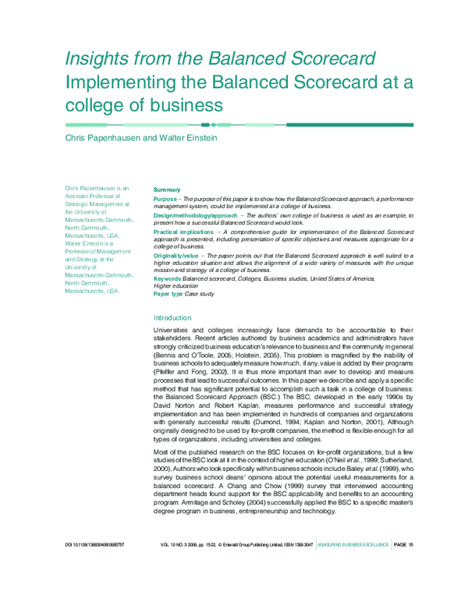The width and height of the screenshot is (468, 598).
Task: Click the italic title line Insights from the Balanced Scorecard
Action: click(x=220, y=59)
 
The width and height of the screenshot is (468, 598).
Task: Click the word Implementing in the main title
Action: click(x=114, y=82)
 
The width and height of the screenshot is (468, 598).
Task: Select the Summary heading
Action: click(x=167, y=189)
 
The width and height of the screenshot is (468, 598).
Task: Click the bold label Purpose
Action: click(x=165, y=200)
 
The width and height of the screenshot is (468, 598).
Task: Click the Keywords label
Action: click(x=167, y=278)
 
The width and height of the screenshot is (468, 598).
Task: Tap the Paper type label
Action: click(x=168, y=293)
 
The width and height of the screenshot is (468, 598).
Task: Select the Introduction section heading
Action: click(x=172, y=318)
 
